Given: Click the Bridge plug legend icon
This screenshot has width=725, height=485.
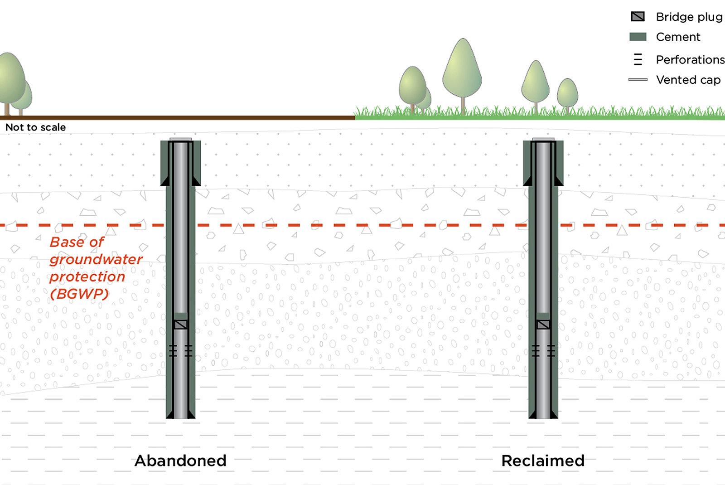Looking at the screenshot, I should click(638, 17).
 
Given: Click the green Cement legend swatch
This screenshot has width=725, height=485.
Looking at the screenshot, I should click(638, 37).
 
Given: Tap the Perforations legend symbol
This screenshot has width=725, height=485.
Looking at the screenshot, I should click(638, 59).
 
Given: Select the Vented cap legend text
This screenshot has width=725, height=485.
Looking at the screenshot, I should click(688, 80).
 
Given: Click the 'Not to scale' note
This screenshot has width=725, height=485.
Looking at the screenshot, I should click(35, 127).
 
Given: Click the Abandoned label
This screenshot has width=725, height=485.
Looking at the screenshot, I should click(180, 461).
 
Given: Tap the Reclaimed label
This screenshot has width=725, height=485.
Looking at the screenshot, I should click(543, 461).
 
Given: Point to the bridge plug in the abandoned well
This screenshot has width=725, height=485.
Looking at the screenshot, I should click(181, 325).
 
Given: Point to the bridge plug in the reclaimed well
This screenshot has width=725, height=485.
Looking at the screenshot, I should click(543, 325).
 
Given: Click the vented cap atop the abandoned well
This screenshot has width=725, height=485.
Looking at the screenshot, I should click(181, 139).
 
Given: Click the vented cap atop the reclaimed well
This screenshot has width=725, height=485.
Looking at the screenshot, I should click(543, 139).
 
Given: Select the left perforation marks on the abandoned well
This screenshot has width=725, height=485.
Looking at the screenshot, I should click(173, 350).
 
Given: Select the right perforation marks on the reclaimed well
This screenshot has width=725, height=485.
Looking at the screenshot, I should click(551, 350).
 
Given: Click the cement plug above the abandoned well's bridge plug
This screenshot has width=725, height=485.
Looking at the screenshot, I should click(181, 316).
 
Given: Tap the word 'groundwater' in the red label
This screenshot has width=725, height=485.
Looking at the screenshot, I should click(96, 259).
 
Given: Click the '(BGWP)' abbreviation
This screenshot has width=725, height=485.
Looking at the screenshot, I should click(79, 294).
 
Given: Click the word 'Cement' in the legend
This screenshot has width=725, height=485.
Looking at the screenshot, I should click(678, 37).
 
